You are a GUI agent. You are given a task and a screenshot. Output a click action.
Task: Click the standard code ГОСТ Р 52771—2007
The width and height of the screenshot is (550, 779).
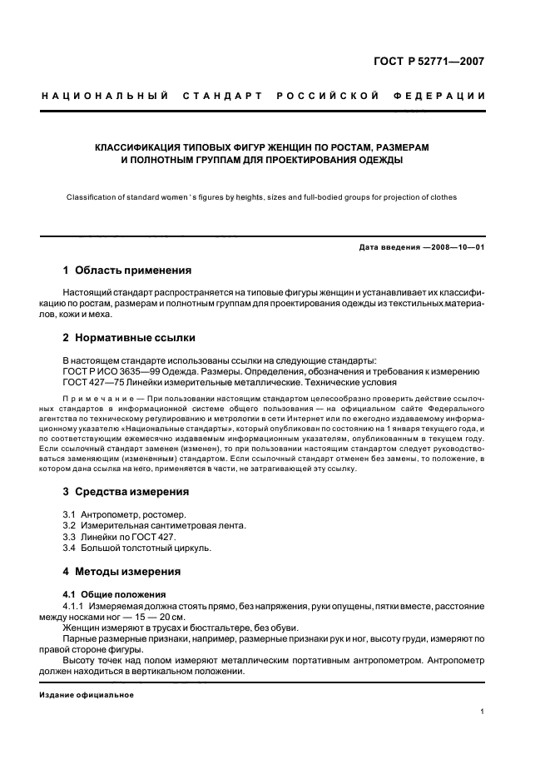tap(433, 60)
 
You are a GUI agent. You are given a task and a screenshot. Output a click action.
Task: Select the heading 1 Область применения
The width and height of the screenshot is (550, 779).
tap(127, 270)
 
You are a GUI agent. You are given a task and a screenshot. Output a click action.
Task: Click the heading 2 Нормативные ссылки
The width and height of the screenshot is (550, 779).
tap(129, 338)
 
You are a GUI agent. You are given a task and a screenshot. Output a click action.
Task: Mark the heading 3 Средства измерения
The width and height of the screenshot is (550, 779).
tap(126, 491)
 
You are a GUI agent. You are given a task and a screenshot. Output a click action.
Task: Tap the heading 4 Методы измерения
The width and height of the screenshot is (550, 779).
tap(121, 572)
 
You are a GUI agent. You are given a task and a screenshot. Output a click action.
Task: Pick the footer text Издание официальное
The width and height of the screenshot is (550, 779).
tap(87, 694)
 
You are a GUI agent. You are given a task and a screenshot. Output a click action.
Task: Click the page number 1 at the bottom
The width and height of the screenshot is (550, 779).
tap(483, 712)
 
